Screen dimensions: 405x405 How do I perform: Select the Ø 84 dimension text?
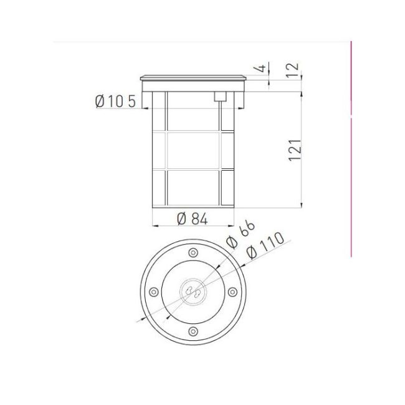192,218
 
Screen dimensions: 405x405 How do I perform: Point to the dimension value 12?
293,70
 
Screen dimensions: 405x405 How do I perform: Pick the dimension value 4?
262,67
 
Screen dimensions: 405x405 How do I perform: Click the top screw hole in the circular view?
193,252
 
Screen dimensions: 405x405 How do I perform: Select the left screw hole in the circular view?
153,291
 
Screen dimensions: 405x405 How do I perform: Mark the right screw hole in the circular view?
232,291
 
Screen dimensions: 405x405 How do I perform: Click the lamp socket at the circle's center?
193,291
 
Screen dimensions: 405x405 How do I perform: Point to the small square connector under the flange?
219,96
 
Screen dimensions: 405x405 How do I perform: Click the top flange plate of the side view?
193,78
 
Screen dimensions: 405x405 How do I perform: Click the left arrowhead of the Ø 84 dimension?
155,225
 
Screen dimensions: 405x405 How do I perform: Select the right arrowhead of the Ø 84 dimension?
231,225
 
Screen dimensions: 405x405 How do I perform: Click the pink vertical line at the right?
351,150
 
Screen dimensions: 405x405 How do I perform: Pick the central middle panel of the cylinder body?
193,150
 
